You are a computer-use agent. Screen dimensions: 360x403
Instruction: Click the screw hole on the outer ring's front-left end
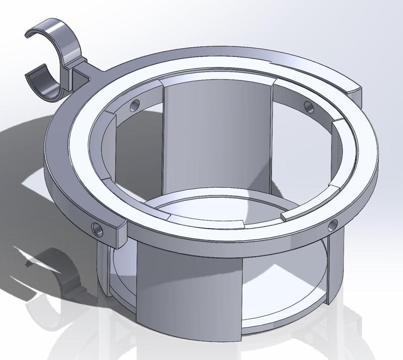(97, 230)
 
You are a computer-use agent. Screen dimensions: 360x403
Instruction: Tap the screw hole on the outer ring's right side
(333, 225)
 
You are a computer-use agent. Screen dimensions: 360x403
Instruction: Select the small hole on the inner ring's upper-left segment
(134, 106)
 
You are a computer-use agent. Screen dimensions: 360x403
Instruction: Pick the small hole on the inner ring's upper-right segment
(308, 106)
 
